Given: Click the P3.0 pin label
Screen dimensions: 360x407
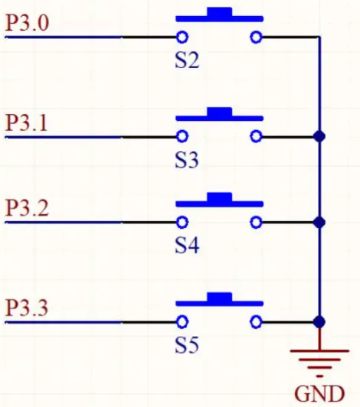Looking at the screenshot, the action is click(27, 23).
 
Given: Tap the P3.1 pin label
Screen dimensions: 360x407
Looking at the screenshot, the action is click(26, 122).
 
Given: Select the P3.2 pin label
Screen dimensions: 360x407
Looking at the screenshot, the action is click(27, 208).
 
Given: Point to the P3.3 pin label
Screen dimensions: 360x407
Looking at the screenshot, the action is click(27, 308).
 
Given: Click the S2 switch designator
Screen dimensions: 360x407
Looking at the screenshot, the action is click(187, 60).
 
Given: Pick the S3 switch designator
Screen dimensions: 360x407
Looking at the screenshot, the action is click(187, 160).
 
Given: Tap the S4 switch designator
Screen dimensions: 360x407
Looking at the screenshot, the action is click(187, 246).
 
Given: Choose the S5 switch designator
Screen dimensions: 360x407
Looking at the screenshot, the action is click(187, 345).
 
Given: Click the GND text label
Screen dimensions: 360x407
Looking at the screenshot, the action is click(319, 394).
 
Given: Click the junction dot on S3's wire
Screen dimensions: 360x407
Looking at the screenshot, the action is click(319, 136).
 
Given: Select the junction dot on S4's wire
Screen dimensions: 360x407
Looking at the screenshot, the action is click(319, 223).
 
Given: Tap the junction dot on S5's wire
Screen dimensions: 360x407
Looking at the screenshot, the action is click(319, 322).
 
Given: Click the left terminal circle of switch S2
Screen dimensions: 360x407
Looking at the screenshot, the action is click(182, 37).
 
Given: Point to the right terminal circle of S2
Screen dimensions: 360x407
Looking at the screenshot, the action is click(256, 37).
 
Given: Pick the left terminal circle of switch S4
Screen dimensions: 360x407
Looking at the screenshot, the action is click(182, 222).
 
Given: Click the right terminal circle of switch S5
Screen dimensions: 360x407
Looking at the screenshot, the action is click(256, 322).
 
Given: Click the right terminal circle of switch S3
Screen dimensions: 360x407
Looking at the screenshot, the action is click(256, 136).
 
